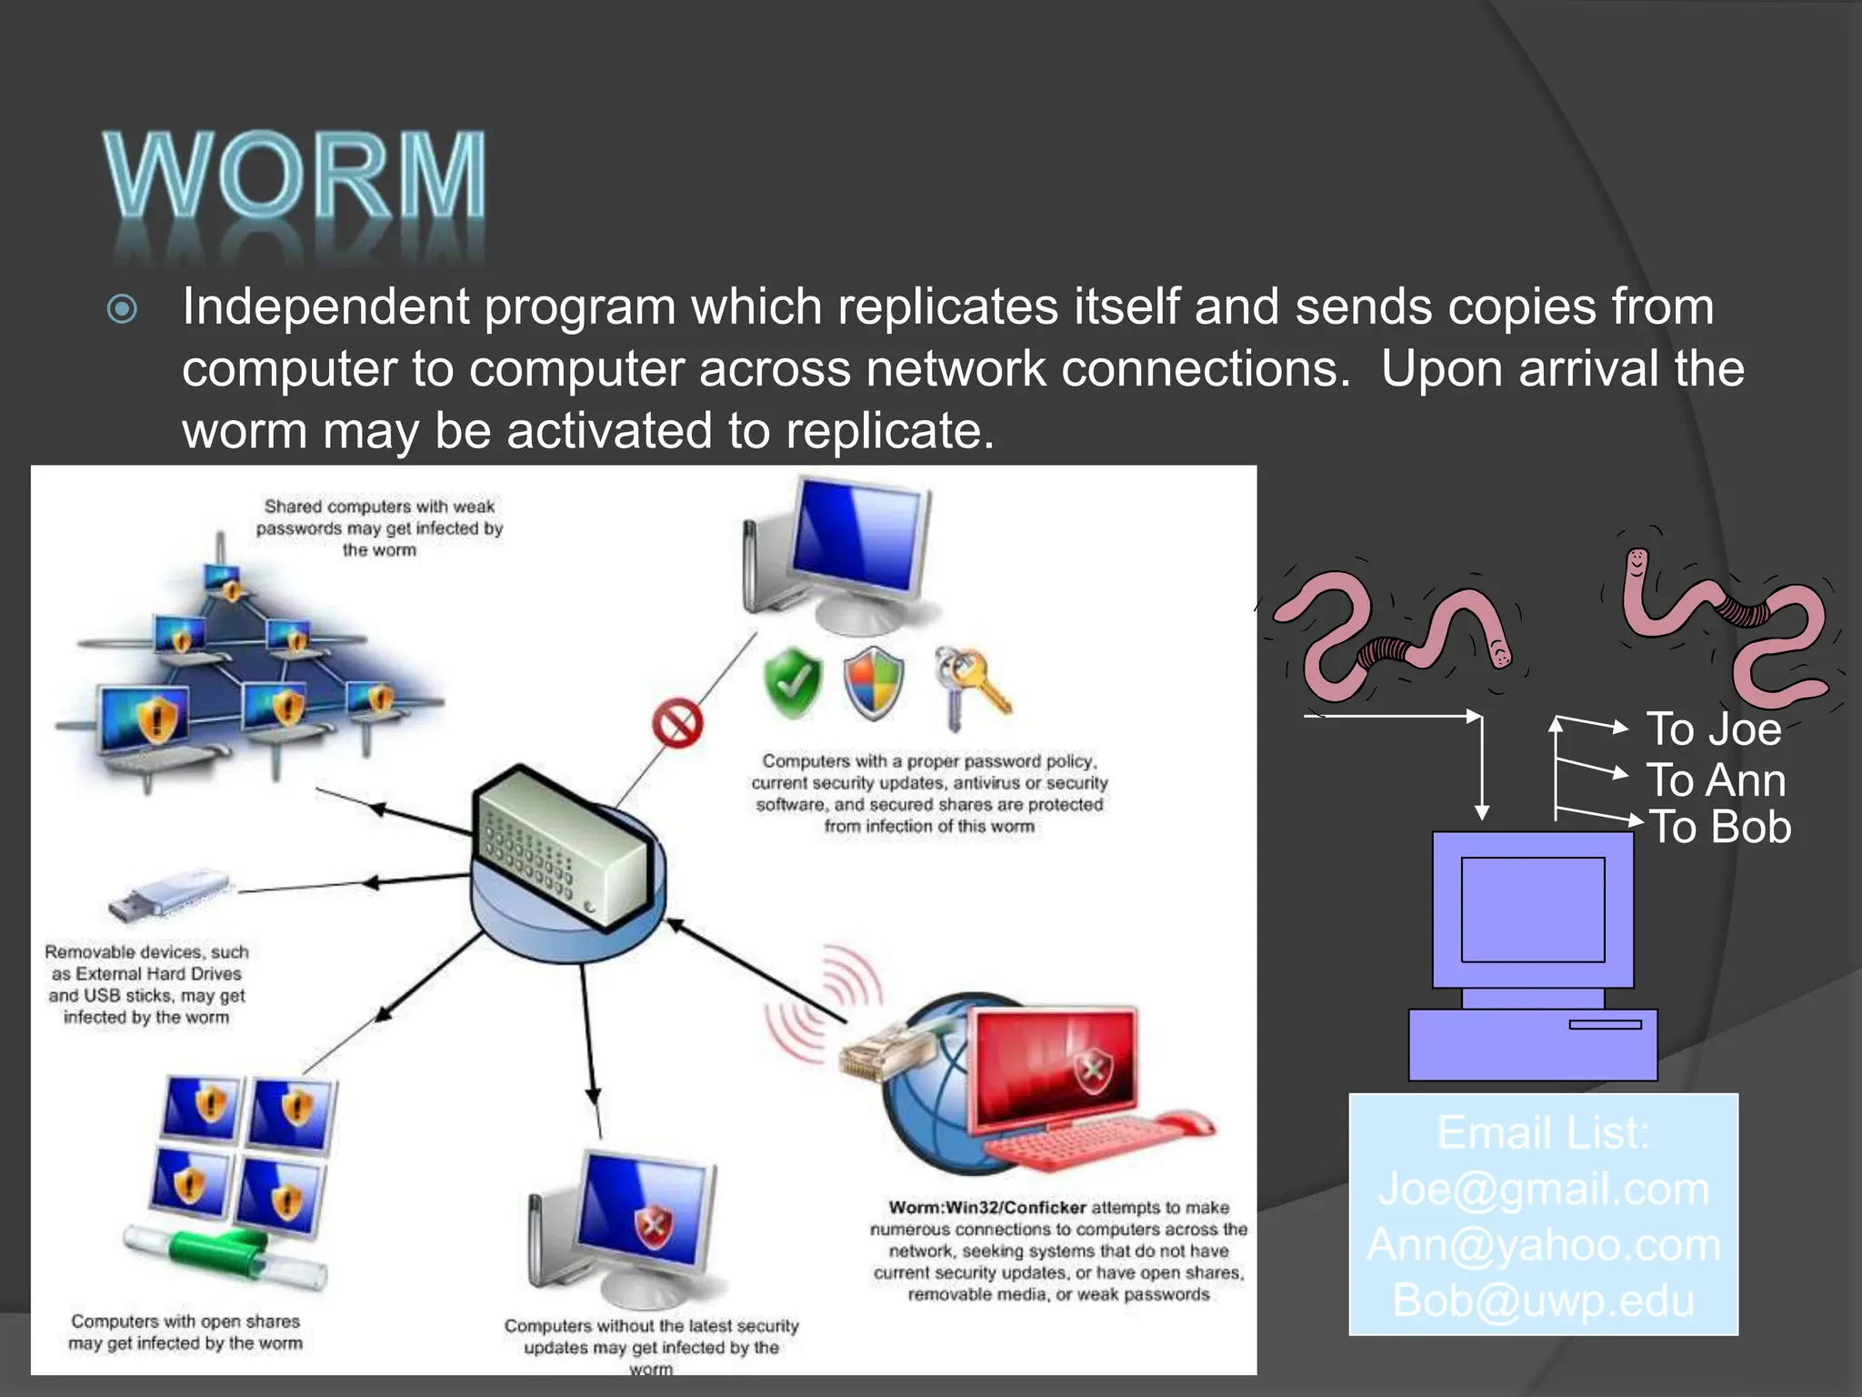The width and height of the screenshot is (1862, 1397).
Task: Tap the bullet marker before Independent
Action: [x=122, y=309]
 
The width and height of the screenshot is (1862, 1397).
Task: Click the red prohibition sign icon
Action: [x=677, y=725]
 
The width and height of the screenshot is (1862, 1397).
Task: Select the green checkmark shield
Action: [x=792, y=683]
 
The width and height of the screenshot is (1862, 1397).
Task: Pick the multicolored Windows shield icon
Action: [x=874, y=683]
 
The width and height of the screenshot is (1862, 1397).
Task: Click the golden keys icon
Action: [x=970, y=687]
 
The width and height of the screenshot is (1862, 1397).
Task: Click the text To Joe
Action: [x=1714, y=729]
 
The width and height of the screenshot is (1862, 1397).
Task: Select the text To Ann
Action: [x=1716, y=780]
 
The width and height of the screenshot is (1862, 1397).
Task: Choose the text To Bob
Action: [x=1719, y=828]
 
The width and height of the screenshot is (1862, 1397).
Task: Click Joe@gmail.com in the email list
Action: [x=1543, y=1189]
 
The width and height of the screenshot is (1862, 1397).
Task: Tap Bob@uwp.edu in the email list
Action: [x=1543, y=1301]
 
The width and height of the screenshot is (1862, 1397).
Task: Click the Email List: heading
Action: [x=1543, y=1133]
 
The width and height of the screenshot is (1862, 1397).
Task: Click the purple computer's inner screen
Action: [x=1532, y=910]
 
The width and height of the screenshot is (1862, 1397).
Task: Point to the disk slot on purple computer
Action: [x=1604, y=1025]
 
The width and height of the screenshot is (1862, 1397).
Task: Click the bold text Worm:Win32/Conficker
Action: [x=986, y=1208]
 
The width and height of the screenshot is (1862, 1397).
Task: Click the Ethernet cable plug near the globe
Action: [x=877, y=1055]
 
